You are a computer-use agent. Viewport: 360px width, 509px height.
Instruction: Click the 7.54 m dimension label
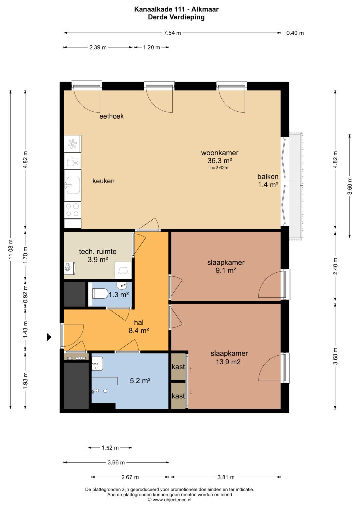[x=172, y=33]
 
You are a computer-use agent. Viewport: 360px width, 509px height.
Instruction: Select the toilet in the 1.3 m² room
[x=100, y=293]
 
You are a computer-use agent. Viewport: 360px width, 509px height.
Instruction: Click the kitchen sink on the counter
[x=73, y=185]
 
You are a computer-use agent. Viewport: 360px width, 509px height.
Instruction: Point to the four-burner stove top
[x=73, y=210]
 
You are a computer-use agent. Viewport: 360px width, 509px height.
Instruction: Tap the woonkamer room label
[x=220, y=153]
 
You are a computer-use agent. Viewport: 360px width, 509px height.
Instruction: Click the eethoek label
[x=111, y=116]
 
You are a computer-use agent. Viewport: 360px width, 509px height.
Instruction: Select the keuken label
[x=103, y=181]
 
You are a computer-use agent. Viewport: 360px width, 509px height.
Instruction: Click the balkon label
[x=268, y=176]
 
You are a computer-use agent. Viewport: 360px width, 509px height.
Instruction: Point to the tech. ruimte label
[x=98, y=252]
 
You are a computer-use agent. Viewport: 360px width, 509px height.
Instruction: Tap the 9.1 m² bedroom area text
[x=225, y=270]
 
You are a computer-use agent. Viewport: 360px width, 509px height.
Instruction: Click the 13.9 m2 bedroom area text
[x=228, y=362]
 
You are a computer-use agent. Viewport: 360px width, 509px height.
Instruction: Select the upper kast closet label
[x=178, y=367]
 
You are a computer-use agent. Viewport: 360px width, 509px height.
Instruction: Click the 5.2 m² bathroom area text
[x=140, y=380]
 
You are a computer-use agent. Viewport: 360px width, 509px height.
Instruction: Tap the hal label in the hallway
[x=139, y=322]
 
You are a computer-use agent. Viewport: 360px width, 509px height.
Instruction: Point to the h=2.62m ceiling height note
[x=219, y=168]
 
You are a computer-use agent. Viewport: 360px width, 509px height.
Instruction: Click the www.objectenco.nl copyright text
[x=170, y=500]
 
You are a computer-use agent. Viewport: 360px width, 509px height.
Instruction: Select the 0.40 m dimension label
[x=295, y=33]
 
